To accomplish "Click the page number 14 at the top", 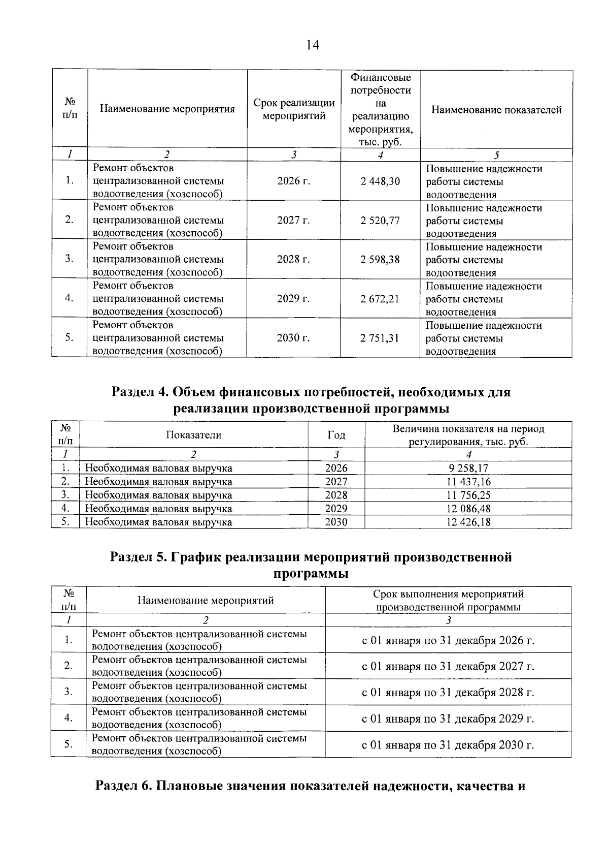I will (x=312, y=45).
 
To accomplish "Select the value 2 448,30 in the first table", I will (x=380, y=181).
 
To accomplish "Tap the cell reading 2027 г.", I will (x=293, y=220).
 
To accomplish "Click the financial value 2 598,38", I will (x=380, y=260).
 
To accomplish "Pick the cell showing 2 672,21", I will (x=380, y=299).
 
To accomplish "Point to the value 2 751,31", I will (x=380, y=338).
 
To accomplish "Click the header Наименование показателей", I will (x=496, y=110).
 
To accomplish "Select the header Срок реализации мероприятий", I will (x=293, y=109).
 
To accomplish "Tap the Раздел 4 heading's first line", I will (x=311, y=392).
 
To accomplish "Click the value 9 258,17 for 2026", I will (x=468, y=468).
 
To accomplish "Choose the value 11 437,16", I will (x=468, y=482).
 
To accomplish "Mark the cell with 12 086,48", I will (x=468, y=509).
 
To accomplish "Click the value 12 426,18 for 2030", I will (x=468, y=522).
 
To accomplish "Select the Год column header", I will (x=336, y=435).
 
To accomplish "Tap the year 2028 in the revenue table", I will (x=336, y=495).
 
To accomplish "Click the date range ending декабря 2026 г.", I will (x=448, y=640).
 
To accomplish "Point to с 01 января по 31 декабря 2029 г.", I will (x=448, y=718).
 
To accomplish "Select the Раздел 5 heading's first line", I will (x=311, y=557).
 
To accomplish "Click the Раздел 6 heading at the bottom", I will (x=310, y=786).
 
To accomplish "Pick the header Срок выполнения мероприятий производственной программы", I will (x=448, y=601).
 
